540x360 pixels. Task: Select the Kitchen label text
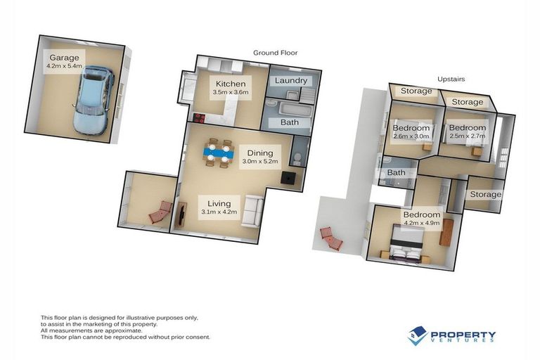231,84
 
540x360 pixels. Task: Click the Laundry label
291,80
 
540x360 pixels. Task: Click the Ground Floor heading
276,53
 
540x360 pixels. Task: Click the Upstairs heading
451,79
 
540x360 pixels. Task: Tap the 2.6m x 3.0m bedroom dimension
411,139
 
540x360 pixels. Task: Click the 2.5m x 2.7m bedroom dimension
467,138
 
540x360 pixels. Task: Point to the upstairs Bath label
396,172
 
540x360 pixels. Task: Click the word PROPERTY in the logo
463,334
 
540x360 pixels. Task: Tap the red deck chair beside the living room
160,212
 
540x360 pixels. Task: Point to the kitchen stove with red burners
199,118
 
